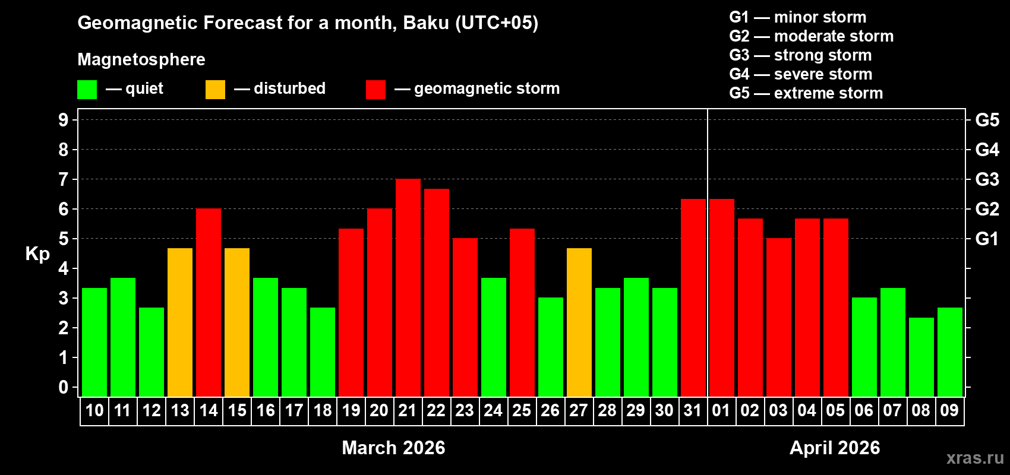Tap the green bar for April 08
click(x=921, y=357)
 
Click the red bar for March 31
click(x=693, y=297)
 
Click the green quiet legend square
click(x=87, y=90)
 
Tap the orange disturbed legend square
click(x=215, y=90)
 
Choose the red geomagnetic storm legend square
click(x=375, y=90)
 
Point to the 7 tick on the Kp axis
click(x=64, y=179)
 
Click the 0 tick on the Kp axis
click(x=64, y=388)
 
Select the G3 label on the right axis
click(x=987, y=179)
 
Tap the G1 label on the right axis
click(x=987, y=239)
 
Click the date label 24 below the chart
click(x=493, y=411)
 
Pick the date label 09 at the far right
click(x=949, y=411)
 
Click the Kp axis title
click(x=37, y=254)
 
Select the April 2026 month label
click(x=835, y=448)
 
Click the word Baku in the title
click(x=426, y=23)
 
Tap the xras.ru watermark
click(x=975, y=458)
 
